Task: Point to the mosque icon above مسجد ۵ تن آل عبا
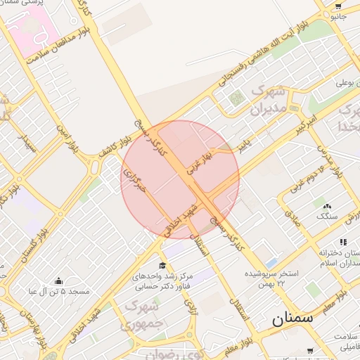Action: pyautogui.click(x=58, y=281)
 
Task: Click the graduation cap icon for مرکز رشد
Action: pyautogui.click(x=162, y=265)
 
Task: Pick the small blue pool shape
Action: pyautogui.click(x=271, y=244)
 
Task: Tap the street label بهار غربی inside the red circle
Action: pyautogui.click(x=199, y=162)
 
